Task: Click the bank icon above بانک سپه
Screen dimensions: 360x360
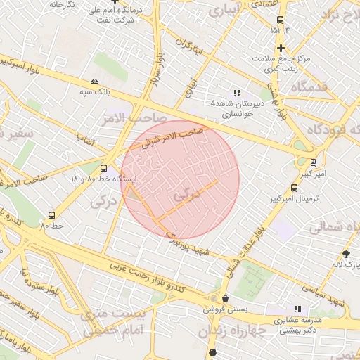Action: [x=95, y=82]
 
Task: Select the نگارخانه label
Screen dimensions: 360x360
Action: [x=62, y=4]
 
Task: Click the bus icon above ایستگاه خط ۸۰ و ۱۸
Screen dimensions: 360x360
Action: [x=104, y=168]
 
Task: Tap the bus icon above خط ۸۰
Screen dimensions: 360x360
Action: [x=52, y=215]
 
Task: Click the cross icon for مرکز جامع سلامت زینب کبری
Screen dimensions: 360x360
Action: [x=281, y=48]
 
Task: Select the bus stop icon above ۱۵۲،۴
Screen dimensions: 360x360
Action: [x=281, y=20]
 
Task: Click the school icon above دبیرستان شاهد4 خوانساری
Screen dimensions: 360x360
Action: [x=237, y=92]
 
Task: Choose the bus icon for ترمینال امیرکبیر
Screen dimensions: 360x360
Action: [x=293, y=188]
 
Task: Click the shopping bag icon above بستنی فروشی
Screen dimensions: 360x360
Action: [x=224, y=299]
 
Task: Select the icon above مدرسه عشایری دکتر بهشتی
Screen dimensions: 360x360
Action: [x=297, y=309]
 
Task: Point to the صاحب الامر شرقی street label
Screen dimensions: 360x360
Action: [x=172, y=137]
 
